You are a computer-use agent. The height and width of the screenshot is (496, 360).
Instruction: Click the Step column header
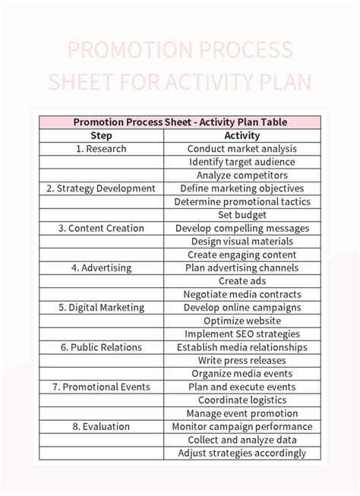pyautogui.click(x=101, y=135)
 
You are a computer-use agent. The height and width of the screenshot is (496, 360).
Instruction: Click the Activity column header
pyautogui.click(x=242, y=135)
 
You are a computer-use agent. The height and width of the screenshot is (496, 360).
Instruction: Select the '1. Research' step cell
pyautogui.click(x=101, y=149)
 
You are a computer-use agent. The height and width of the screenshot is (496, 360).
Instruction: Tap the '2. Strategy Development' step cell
pyautogui.click(x=101, y=188)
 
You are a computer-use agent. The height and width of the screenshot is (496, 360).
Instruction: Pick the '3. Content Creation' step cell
pyautogui.click(x=101, y=228)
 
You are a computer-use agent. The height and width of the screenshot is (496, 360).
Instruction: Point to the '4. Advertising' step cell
pyautogui.click(x=101, y=267)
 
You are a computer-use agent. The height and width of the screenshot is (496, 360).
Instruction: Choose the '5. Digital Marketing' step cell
pyautogui.click(x=101, y=308)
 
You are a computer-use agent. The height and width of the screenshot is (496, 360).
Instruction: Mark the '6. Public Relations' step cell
pyautogui.click(x=101, y=347)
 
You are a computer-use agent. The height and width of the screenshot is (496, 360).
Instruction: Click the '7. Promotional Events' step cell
pyautogui.click(x=101, y=387)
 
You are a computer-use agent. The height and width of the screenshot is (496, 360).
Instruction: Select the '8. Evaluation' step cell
pyautogui.click(x=101, y=426)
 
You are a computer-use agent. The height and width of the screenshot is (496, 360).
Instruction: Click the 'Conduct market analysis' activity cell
pyautogui.click(x=242, y=149)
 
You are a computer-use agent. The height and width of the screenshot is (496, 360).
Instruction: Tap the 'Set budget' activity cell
pyautogui.click(x=242, y=215)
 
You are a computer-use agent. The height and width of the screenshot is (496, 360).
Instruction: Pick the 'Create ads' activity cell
pyautogui.click(x=242, y=281)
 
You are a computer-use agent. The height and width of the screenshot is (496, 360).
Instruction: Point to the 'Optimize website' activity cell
pyautogui.click(x=242, y=321)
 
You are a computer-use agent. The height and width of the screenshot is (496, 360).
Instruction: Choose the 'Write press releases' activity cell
pyautogui.click(x=242, y=360)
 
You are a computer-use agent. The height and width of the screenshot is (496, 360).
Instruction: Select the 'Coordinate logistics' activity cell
pyautogui.click(x=242, y=400)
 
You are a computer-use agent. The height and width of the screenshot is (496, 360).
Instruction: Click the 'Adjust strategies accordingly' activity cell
pyautogui.click(x=242, y=453)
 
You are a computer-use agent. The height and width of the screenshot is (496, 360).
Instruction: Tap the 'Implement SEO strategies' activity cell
pyautogui.click(x=242, y=333)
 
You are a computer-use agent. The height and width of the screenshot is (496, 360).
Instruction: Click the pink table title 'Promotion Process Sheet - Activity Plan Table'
pyautogui.click(x=180, y=122)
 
